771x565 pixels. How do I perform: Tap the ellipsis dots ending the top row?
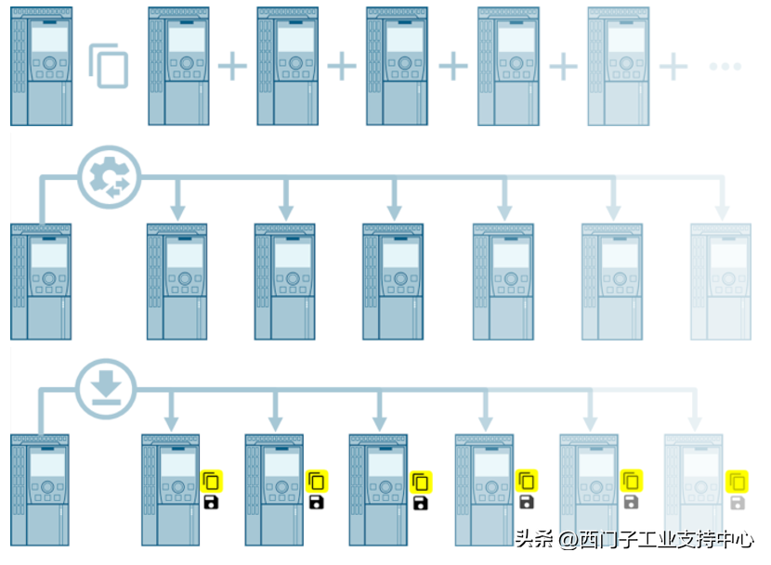(x=725, y=66)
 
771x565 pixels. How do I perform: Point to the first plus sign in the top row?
(x=233, y=66)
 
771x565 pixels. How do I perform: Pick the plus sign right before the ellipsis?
(x=673, y=66)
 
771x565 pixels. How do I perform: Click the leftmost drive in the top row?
(x=43, y=66)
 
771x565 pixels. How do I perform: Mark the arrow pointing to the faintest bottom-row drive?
(x=694, y=417)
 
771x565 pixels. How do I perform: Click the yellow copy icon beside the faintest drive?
(x=738, y=482)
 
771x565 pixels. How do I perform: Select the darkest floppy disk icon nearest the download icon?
(x=212, y=503)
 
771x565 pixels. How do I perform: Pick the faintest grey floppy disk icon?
(x=738, y=503)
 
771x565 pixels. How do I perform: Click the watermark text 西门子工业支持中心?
(x=666, y=539)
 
